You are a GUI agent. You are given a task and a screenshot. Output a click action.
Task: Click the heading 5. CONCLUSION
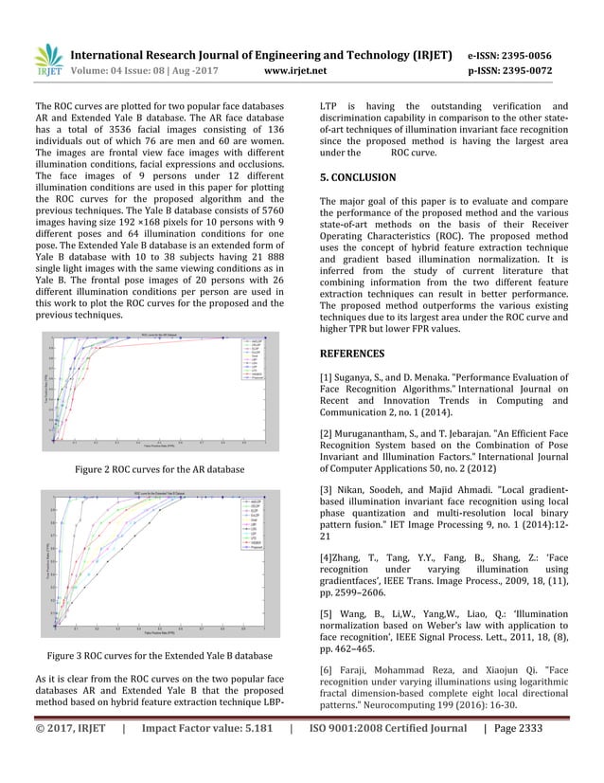358,177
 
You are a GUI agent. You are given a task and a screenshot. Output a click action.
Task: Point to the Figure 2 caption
160,470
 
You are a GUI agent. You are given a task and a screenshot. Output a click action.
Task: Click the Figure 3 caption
160,657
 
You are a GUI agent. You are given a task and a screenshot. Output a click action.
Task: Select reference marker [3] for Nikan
327,488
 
